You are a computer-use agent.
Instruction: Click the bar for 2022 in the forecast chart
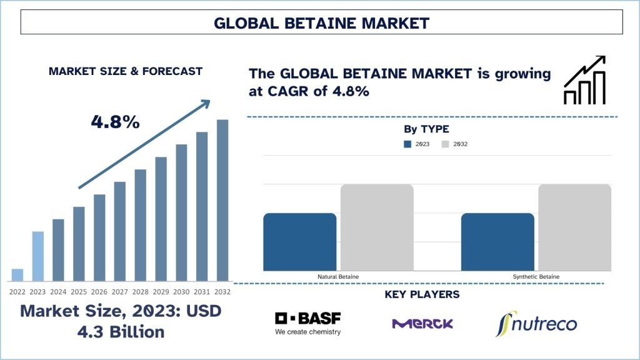coord(17,275)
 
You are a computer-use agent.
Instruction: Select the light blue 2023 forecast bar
coord(38,256)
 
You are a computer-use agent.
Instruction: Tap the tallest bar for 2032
coord(222,201)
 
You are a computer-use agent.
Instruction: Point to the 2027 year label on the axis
coord(119,292)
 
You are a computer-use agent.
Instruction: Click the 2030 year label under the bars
coord(181,292)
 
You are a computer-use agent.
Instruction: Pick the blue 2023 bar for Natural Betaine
coord(300,242)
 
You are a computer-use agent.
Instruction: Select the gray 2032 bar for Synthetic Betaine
coord(575,227)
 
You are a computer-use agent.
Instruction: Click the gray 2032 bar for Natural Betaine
coord(377,227)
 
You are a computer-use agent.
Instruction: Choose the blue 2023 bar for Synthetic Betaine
coord(497,242)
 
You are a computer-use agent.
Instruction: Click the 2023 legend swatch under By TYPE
coord(407,144)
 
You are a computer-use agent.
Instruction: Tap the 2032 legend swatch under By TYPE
coord(445,144)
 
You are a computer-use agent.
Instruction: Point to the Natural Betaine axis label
coord(338,277)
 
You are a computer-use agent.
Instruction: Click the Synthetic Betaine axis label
coord(536,277)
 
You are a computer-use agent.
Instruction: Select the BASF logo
coord(308,324)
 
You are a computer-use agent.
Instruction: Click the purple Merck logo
coord(422,324)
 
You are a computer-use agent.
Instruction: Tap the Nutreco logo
coord(536,324)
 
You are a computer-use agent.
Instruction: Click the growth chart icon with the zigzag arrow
coord(584,80)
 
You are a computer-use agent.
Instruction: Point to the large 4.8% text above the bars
coord(116,122)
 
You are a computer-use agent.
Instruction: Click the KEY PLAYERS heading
coord(422,294)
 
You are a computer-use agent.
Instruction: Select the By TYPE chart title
coord(426,129)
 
